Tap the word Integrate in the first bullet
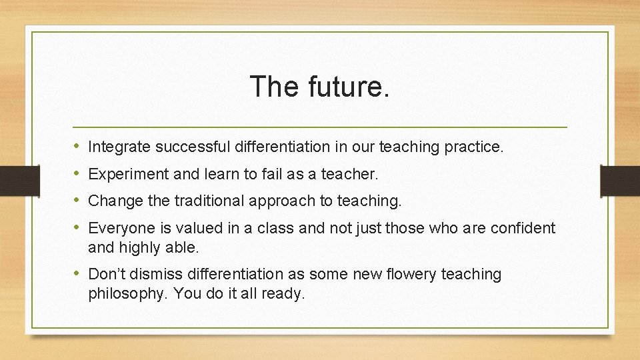click(118, 147)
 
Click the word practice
click(477, 147)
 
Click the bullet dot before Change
click(78, 200)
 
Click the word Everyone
click(119, 229)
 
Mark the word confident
click(523, 229)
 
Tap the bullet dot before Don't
click(78, 274)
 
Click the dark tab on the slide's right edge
click(619, 181)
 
